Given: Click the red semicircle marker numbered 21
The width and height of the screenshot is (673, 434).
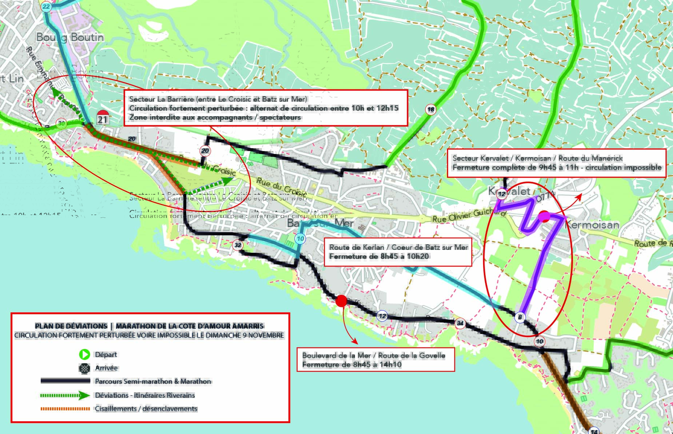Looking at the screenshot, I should click(x=103, y=117).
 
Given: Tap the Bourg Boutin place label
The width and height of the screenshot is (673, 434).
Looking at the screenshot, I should click(x=70, y=37).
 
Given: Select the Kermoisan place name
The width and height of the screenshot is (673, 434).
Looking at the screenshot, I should click(x=592, y=225).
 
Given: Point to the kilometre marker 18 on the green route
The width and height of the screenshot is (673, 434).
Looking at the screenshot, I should click(x=431, y=109).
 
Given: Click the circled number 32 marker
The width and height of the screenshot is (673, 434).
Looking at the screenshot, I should click(x=238, y=245).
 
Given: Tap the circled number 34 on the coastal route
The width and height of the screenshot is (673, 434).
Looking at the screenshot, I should click(x=460, y=323).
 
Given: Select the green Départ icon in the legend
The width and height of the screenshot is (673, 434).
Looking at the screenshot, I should click(x=84, y=354).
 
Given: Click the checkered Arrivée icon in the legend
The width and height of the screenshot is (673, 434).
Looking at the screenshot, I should click(x=84, y=368).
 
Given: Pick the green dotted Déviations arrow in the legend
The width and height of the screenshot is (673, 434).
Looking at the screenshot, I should click(x=65, y=395).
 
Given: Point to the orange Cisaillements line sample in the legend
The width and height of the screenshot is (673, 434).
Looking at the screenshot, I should click(x=65, y=409).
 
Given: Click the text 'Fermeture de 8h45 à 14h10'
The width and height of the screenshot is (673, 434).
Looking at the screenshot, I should click(x=352, y=365).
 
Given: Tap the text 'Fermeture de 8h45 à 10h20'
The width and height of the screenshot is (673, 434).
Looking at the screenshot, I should click(x=379, y=256).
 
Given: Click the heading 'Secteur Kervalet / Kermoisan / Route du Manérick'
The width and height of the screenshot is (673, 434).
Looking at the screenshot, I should click(x=537, y=158).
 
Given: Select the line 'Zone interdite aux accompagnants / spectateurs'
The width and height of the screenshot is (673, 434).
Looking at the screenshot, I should click(x=215, y=117).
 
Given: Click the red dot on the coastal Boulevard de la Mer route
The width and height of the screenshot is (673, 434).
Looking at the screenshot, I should click(x=341, y=301).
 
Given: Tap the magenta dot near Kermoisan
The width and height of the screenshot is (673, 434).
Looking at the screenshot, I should click(x=544, y=216).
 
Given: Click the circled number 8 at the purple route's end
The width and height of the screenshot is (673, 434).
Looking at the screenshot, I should click(x=520, y=317).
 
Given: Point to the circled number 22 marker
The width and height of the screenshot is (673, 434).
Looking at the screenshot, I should click(x=46, y=7).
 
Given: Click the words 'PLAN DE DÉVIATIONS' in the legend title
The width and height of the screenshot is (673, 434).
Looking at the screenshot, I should click(x=71, y=326).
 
